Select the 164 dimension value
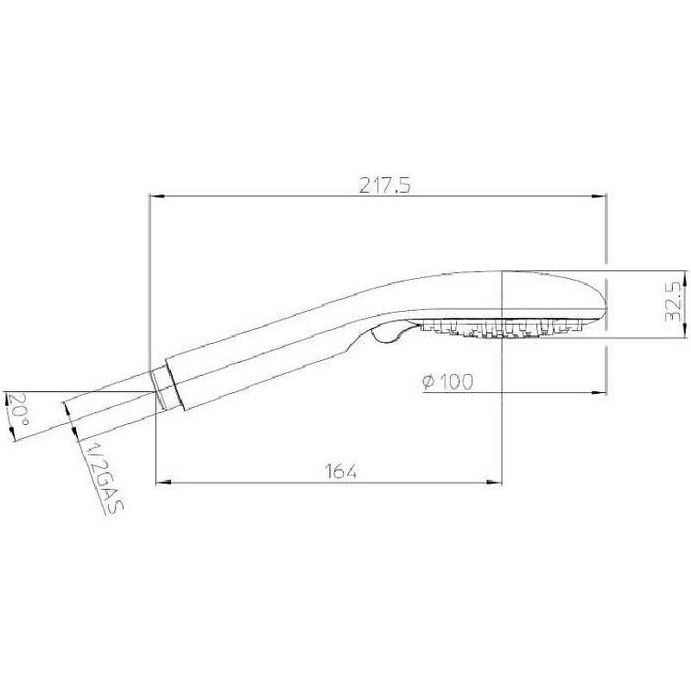(x=341, y=471)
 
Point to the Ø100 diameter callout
(x=448, y=382)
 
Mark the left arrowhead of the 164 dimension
(x=160, y=481)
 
